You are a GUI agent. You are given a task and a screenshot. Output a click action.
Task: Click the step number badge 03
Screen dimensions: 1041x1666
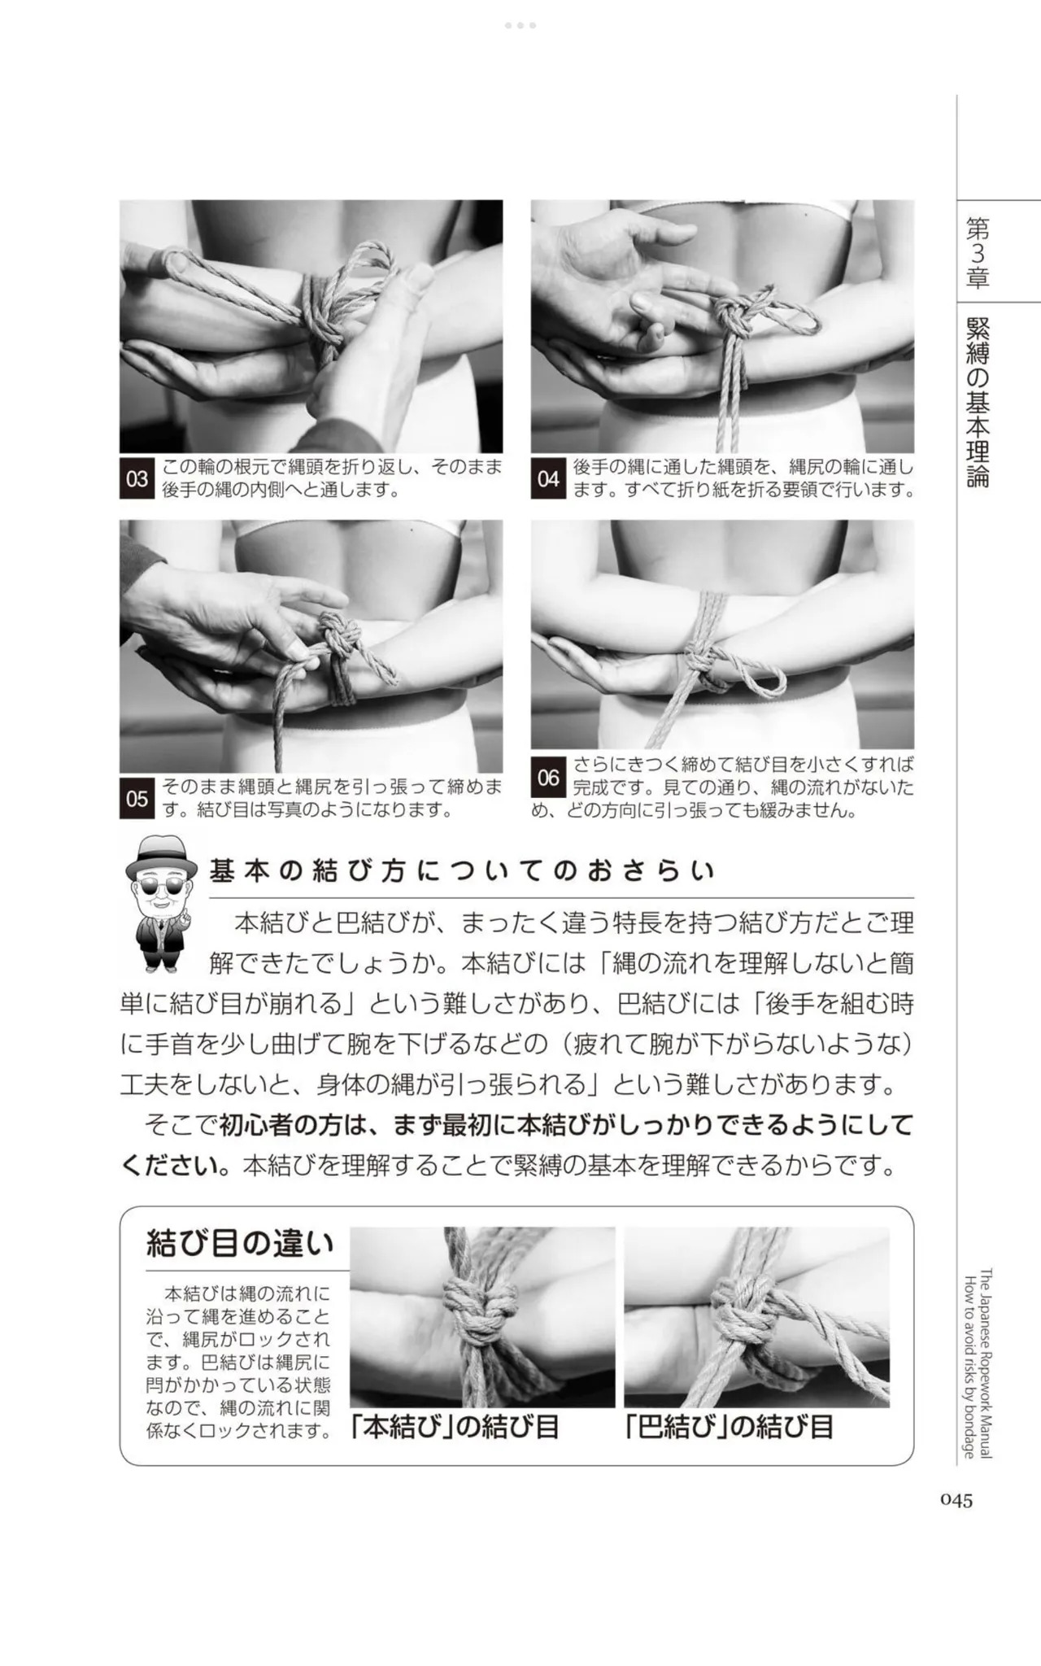point(137,479)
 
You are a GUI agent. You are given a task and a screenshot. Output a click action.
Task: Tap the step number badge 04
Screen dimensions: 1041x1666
point(548,479)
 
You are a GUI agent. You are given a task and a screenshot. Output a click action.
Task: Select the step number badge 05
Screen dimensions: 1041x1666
point(137,799)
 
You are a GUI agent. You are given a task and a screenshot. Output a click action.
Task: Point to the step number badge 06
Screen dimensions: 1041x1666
point(548,778)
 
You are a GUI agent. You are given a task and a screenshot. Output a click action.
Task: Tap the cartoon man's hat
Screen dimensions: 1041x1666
point(161,856)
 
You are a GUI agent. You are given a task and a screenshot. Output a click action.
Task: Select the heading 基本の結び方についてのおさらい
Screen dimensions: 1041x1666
point(462,872)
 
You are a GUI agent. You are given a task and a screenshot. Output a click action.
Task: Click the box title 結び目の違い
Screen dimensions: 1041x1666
point(240,1245)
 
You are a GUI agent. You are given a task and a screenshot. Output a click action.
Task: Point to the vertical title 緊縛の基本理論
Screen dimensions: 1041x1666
point(977,403)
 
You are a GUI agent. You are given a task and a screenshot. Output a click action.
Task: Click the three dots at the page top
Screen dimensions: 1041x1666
point(520,25)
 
